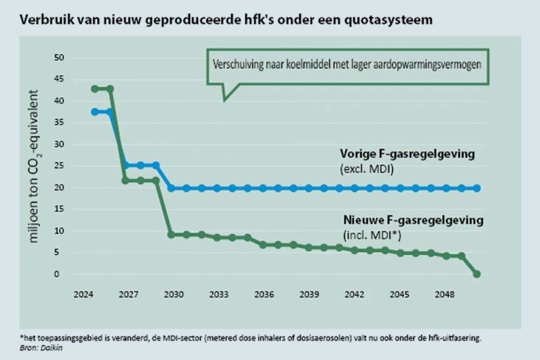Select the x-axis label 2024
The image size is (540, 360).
[84, 295]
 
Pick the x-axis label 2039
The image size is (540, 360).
[309, 295]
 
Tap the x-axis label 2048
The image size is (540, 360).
[444, 295]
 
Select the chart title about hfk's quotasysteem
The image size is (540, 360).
[226, 19]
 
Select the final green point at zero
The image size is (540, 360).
[477, 274]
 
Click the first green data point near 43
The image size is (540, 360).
[95, 89]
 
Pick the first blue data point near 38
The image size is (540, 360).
[95, 112]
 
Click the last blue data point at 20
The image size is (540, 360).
[477, 189]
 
